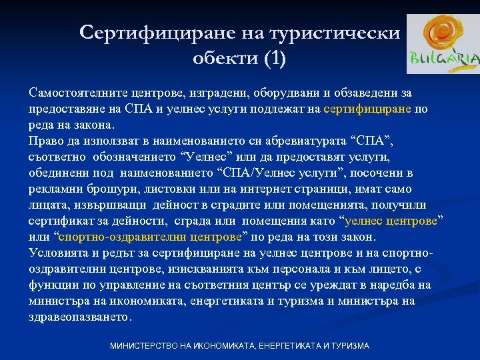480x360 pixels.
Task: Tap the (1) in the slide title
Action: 275,59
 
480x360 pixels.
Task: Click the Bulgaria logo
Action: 443,44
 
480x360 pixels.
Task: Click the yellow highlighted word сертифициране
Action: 367,110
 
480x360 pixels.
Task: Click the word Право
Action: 45,141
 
